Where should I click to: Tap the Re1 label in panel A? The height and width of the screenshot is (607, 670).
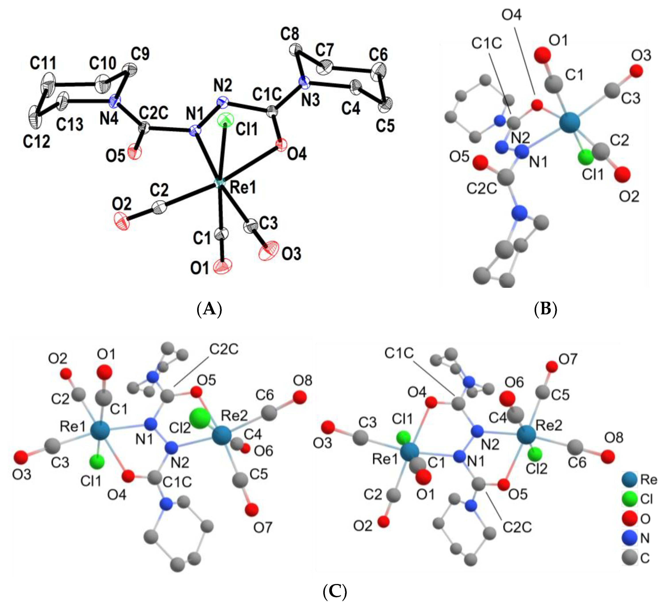click(243, 188)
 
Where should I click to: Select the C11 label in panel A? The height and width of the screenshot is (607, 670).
click(43, 63)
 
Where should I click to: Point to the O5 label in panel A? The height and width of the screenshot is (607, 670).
click(115, 156)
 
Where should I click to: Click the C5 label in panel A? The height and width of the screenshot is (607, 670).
click(385, 126)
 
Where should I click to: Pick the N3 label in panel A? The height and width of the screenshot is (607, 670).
click(311, 100)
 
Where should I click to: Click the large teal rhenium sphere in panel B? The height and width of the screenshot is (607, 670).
click(570, 123)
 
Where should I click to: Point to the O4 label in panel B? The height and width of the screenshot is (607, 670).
click(512, 15)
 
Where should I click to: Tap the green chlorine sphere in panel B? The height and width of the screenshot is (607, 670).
click(585, 157)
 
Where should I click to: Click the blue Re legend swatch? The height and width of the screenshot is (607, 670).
click(629, 479)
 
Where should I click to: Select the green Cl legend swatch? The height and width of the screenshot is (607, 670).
click(629, 499)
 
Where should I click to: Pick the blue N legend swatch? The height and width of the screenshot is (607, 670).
click(629, 538)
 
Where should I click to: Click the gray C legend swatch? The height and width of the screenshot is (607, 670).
click(629, 558)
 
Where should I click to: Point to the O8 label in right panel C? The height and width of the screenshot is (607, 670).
click(614, 438)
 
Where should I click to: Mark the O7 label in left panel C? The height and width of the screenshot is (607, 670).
click(263, 527)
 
